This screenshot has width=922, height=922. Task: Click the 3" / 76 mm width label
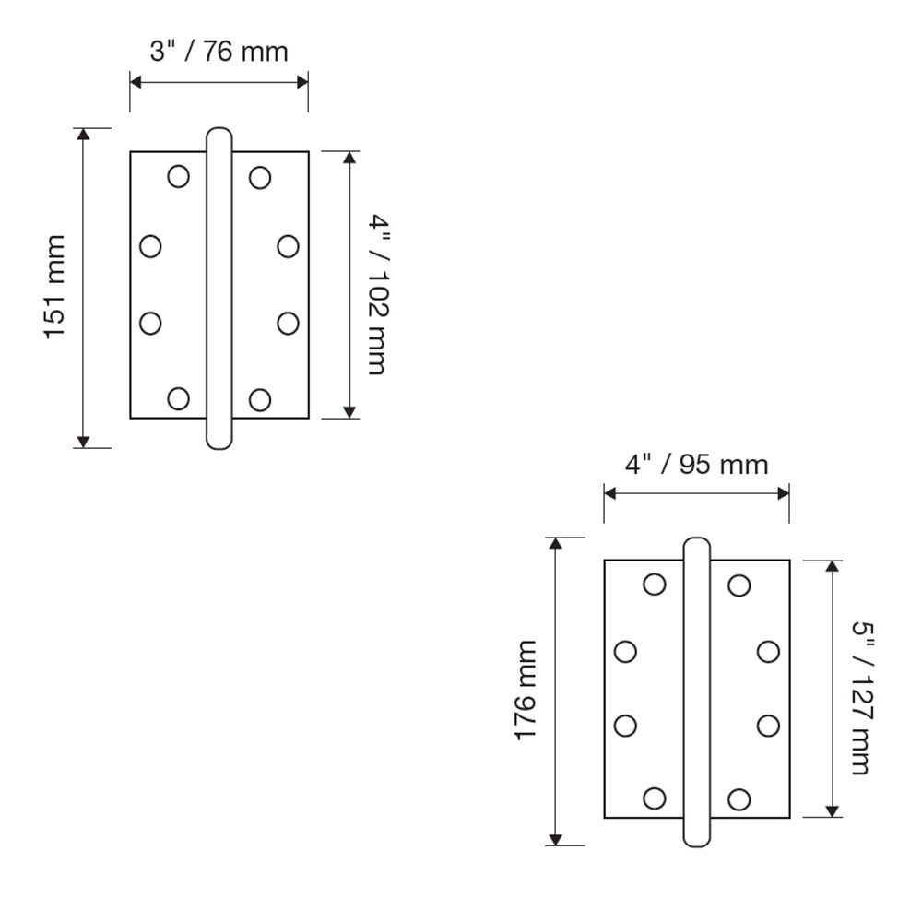point(219,52)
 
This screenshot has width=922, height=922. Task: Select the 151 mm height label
point(55,287)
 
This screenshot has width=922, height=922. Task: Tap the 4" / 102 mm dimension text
point(377,293)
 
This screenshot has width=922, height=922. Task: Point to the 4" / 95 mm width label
point(696,464)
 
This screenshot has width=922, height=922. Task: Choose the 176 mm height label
point(526,690)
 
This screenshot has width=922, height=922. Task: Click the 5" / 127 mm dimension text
point(859,697)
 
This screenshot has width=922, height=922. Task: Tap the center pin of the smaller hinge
point(219,288)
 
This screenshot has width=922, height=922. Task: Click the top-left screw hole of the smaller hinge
point(178,176)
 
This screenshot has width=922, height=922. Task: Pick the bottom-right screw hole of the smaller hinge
point(260,399)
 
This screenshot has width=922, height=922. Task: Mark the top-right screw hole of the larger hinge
point(739,585)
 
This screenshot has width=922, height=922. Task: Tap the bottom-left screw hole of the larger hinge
point(655,798)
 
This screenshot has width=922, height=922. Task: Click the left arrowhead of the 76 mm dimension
point(136,82)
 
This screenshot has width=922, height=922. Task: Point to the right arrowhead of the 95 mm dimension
point(784,493)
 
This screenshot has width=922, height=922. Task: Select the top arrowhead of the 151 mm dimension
point(83,135)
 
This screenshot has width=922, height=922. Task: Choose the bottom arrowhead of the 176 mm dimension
point(555,839)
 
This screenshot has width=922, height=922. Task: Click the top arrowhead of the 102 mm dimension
point(349,158)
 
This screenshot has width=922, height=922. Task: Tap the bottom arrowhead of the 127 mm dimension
point(833,811)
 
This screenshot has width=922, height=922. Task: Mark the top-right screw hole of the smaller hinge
point(260,177)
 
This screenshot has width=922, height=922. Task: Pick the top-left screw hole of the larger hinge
point(655,585)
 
